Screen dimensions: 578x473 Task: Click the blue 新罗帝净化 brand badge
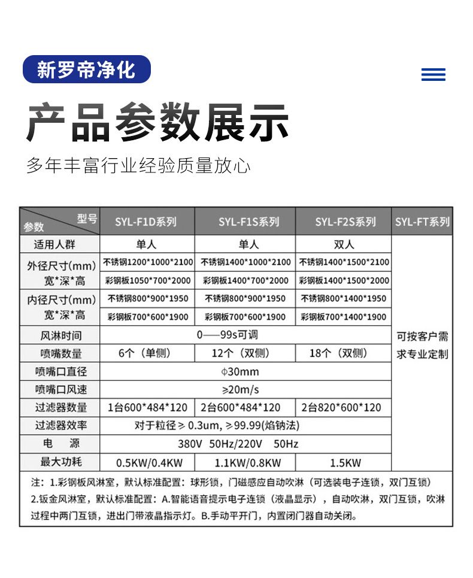click(86, 70)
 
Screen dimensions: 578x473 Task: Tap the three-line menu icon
click(433, 74)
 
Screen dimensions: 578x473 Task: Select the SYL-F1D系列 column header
click(146, 222)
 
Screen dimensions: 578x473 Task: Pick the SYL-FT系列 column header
click(422, 222)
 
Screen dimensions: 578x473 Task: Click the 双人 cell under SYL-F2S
click(344, 244)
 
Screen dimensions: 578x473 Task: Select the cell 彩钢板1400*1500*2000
click(344, 280)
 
